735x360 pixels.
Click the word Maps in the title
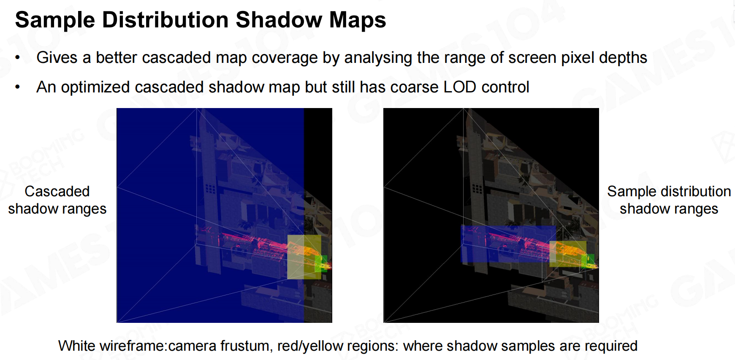coord(357,20)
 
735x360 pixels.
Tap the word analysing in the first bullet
coord(378,58)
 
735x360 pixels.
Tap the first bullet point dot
coord(18,58)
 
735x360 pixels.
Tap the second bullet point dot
coord(18,87)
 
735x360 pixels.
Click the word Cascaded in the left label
coord(57,191)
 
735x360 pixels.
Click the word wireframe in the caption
coord(133,346)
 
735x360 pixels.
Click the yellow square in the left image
coord(304,257)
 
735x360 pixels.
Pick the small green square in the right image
coord(588,261)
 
